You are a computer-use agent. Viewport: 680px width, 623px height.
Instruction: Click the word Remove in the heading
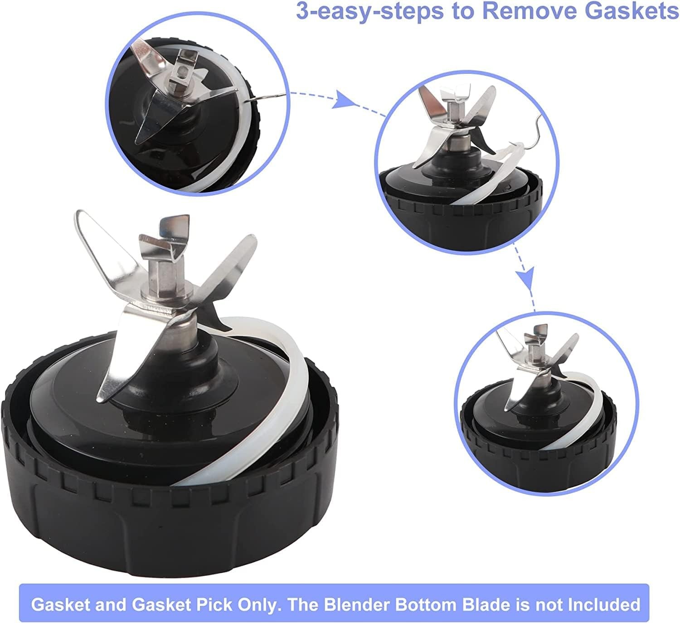click(529, 11)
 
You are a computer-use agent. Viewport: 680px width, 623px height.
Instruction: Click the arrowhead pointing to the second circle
click(344, 100)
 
